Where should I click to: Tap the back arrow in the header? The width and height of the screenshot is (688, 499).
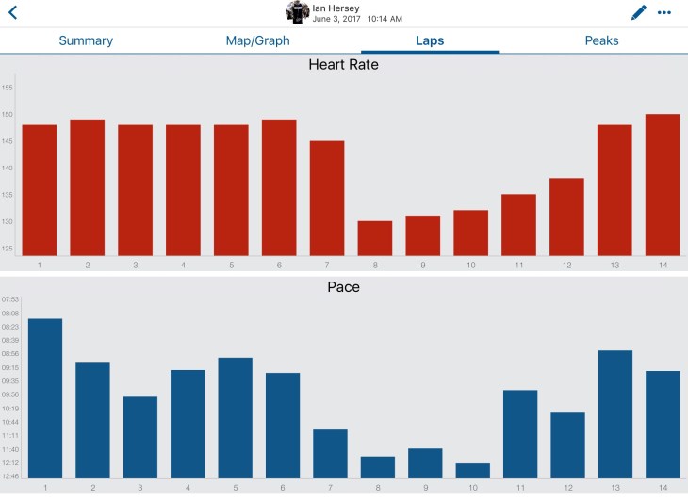tap(12, 12)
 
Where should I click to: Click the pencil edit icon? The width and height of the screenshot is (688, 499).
tap(639, 12)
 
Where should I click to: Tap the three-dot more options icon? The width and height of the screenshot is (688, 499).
tap(665, 12)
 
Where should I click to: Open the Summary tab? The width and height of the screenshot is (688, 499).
tap(86, 40)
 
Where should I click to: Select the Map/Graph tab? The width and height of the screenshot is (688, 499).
tap(257, 40)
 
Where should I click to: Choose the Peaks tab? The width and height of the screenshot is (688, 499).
tap(602, 40)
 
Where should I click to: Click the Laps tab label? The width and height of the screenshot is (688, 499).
tap(430, 40)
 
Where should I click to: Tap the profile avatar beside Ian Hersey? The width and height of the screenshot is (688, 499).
tap(298, 12)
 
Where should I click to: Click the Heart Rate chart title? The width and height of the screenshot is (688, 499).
tap(344, 65)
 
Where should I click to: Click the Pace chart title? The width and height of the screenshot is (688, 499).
tap(344, 286)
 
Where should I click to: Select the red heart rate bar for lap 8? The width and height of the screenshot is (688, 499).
tap(375, 238)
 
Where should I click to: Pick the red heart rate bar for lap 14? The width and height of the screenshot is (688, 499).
tap(663, 185)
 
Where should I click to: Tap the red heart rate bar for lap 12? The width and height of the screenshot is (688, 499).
tap(566, 217)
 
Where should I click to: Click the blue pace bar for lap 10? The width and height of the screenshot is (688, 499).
tap(472, 470)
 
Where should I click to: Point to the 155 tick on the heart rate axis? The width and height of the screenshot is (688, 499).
tap(8, 88)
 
